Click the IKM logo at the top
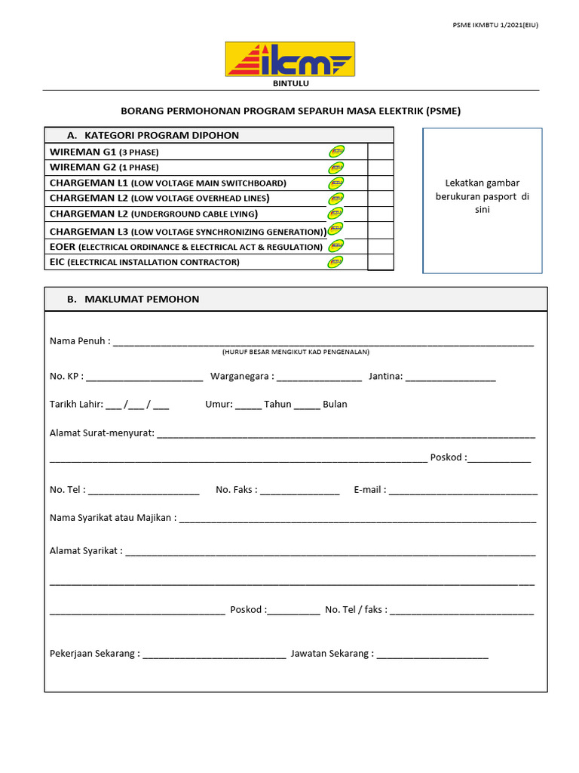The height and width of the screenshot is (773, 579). coord(289,59)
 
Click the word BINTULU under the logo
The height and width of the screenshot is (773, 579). coord(290,83)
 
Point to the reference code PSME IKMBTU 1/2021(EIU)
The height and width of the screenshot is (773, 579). coord(495,25)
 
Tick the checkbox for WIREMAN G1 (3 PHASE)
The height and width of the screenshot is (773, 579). coord(380,152)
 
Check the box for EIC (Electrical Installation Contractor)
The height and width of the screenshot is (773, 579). coord(380,262)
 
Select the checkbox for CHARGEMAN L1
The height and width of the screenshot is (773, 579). coord(380,183)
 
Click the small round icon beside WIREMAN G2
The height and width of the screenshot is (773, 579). coord(336,167)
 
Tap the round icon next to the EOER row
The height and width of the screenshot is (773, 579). coord(336,246)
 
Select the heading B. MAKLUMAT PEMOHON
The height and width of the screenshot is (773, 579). coord(133,299)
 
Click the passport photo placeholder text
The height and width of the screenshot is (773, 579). coord(482,196)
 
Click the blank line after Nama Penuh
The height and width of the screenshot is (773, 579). coord(323,343)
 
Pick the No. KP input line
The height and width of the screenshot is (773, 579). coord(145,377)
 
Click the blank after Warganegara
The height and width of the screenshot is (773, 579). coord(320,377)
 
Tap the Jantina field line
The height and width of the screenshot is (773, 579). coord(451,377)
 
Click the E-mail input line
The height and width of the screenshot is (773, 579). coord(463,491)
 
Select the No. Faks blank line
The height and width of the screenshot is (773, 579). coord(300,491)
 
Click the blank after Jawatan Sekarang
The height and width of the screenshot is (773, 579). coord(433,654)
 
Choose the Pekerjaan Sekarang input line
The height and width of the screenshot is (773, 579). coord(214,654)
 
